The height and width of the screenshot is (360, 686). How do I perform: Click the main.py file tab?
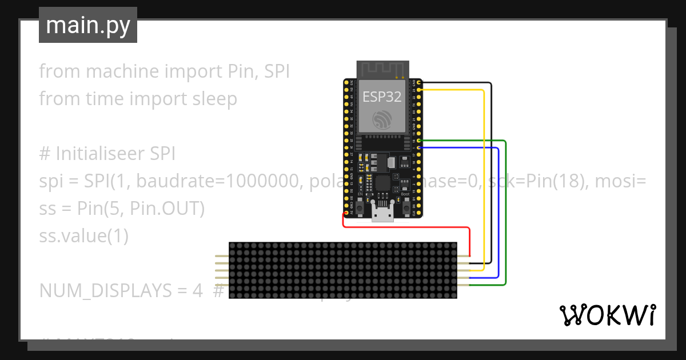pos(87,25)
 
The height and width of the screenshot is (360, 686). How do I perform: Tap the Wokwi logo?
pos(607,315)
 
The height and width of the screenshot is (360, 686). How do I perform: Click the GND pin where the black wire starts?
pos(420,83)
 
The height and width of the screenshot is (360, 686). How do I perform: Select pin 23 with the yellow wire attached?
pos(420,90)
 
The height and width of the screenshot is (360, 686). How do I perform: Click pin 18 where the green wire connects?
pos(420,141)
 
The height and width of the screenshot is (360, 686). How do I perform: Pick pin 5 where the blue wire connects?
pos(420,147)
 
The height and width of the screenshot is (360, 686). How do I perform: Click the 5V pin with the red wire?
pos(345,213)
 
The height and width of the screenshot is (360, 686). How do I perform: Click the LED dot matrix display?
pos(343,270)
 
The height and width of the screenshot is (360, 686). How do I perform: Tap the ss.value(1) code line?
pos(83,235)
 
